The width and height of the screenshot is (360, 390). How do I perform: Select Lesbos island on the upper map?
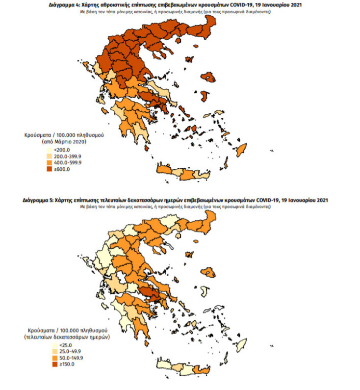click(209, 77)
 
